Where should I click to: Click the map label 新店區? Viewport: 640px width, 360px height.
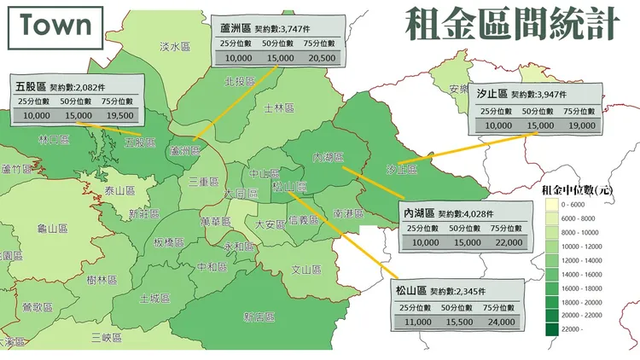pyautogui.click(x=258, y=316)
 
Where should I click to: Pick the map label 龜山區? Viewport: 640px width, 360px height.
pyautogui.click(x=52, y=229)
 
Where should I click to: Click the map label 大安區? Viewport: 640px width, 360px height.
pyautogui.click(x=271, y=224)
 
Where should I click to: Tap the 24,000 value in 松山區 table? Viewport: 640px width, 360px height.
pyautogui.click(x=500, y=322)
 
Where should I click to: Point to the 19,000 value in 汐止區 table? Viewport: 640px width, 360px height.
pyautogui.click(x=582, y=125)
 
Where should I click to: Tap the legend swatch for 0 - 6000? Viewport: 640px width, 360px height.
pyautogui.click(x=550, y=206)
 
